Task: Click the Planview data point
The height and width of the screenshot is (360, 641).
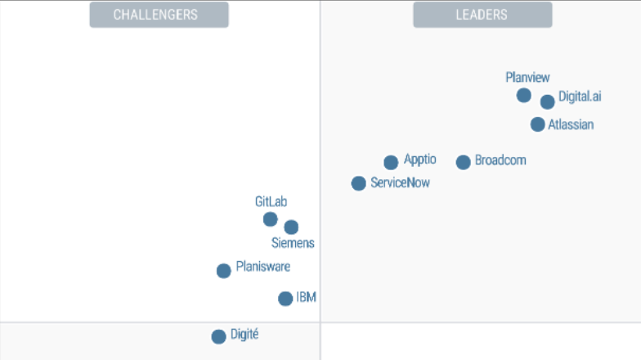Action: [x=524, y=96]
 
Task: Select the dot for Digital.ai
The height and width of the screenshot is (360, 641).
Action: [x=547, y=102]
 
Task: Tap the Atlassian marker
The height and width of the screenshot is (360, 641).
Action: [x=537, y=124]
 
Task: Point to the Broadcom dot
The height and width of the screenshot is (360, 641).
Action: [x=463, y=162]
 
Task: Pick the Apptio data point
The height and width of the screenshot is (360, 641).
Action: [x=391, y=163]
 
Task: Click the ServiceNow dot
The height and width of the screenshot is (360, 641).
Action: [x=358, y=183]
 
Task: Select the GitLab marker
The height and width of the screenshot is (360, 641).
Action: [x=270, y=219]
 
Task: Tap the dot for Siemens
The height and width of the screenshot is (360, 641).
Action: [x=291, y=227]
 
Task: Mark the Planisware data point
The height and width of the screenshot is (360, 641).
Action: [x=223, y=271]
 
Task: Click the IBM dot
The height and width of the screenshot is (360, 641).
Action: [x=285, y=299]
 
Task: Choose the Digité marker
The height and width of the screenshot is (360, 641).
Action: [x=218, y=336]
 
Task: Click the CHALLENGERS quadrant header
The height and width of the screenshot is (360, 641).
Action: [x=159, y=15]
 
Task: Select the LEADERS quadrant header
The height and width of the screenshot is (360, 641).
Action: [x=482, y=15]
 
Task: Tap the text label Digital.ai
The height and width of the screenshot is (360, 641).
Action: [x=580, y=97]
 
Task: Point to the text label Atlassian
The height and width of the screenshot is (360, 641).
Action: [x=571, y=125]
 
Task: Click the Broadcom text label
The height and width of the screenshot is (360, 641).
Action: [x=500, y=160]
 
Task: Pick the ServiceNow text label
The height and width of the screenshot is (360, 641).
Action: [x=400, y=183]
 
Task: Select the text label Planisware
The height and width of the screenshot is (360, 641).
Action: [x=262, y=266]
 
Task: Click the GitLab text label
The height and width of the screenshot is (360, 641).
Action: [x=271, y=201]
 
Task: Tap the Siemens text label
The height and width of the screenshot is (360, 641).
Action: [x=293, y=243]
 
